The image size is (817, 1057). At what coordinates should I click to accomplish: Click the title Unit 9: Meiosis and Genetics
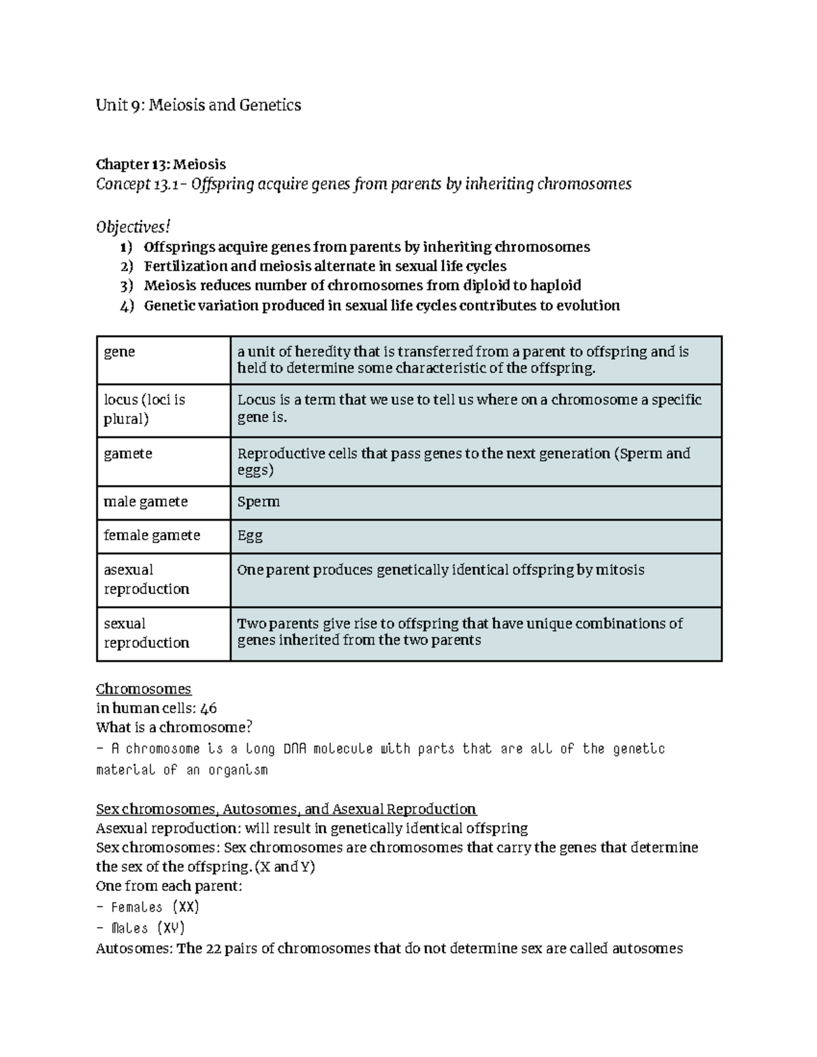coord(198,105)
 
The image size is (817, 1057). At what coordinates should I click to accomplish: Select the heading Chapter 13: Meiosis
coord(161,164)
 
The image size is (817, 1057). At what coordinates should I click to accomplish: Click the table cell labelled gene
coord(119,352)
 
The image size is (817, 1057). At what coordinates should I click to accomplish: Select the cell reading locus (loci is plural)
coord(144,409)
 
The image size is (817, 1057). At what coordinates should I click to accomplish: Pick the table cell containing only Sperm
coord(258,502)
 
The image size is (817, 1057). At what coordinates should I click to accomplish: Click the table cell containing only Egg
coord(249,536)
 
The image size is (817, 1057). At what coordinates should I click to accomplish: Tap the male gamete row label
coord(145,502)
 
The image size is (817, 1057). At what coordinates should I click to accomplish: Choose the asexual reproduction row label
coord(146,579)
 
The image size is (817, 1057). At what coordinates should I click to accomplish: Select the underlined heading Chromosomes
coord(144,689)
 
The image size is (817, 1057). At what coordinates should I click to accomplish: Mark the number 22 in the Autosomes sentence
coord(214,948)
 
